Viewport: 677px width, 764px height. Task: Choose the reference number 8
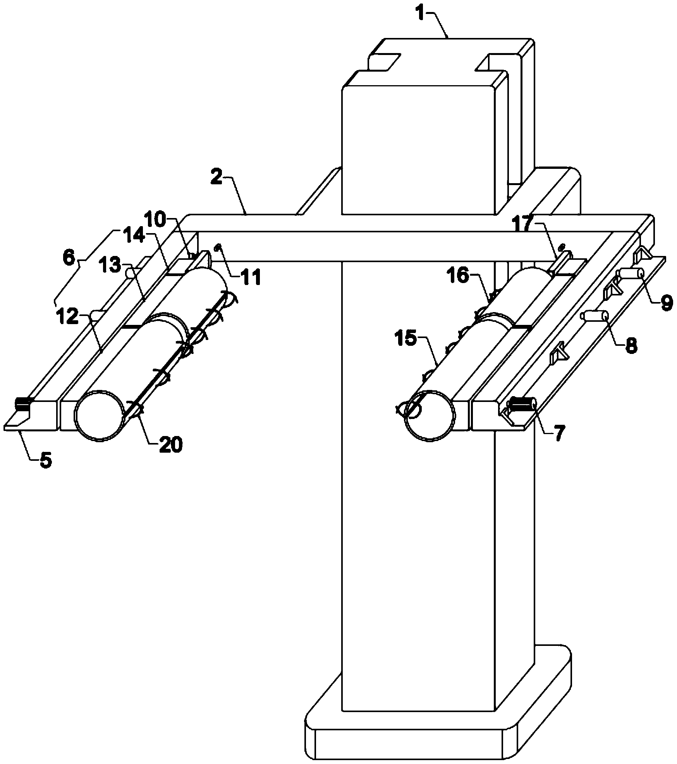[631, 346]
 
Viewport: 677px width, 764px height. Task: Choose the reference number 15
[407, 340]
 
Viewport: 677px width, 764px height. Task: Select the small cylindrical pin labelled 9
[631, 274]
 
